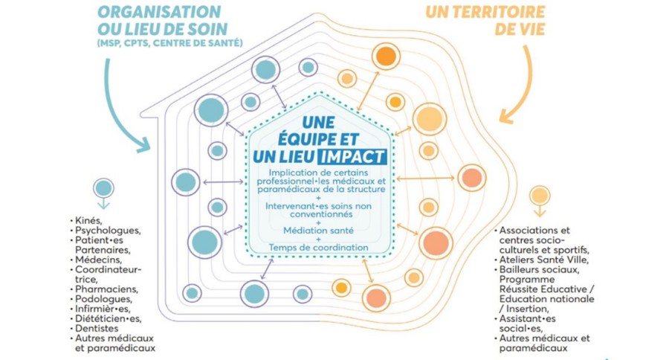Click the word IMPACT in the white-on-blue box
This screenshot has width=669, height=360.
pos(351,157)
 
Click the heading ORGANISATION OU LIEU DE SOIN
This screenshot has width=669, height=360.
pos(159,22)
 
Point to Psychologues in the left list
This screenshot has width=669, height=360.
pos(105,231)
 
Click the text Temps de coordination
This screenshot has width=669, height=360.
pos(318,247)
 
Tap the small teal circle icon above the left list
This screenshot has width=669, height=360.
pos(103,188)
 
